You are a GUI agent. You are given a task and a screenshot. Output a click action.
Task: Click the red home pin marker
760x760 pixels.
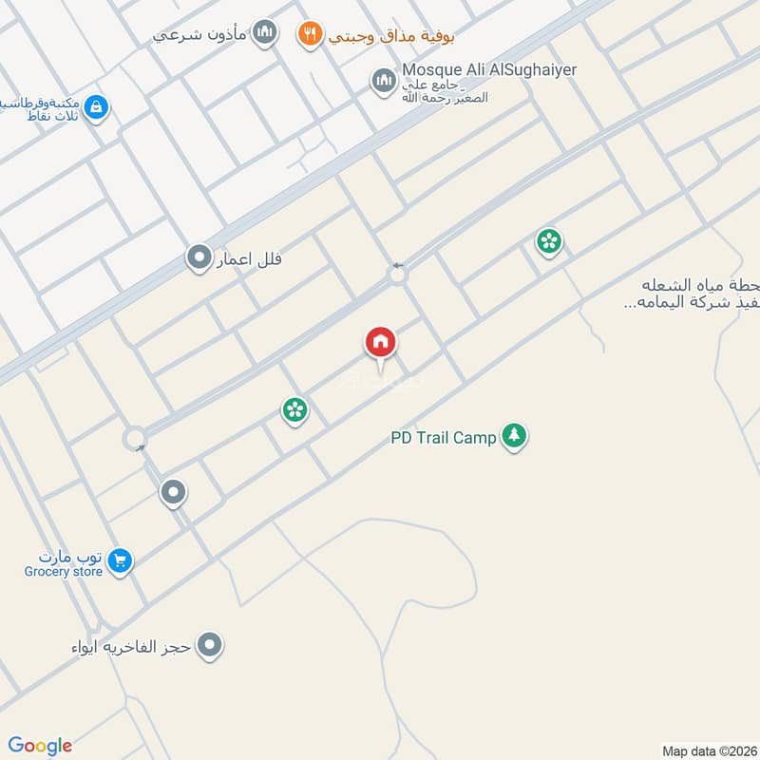(x=380, y=343)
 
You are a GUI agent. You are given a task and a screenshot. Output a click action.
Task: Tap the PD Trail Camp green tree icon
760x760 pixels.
(x=514, y=436)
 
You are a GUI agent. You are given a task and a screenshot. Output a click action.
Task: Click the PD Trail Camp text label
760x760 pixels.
(x=443, y=438)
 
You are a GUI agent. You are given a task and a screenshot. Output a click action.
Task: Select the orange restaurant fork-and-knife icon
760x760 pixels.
(x=309, y=35)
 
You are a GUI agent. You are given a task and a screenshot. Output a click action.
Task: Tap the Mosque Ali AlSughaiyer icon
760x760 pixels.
(x=383, y=82)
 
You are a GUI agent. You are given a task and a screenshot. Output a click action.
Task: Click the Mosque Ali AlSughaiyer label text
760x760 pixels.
(x=489, y=70)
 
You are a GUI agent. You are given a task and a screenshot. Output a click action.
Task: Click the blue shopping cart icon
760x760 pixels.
(x=119, y=560)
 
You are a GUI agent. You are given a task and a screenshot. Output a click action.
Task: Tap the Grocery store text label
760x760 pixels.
(x=64, y=572)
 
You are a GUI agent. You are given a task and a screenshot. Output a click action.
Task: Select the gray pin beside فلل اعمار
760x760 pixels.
(x=199, y=257)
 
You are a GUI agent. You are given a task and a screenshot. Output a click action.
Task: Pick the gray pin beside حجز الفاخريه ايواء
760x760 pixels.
(x=212, y=646)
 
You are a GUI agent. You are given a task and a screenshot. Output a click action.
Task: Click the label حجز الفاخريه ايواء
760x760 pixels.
(x=133, y=647)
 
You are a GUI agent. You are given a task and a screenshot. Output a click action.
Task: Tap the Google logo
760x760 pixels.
(x=40, y=746)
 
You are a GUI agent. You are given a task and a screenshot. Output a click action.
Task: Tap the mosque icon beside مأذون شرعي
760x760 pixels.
(x=266, y=34)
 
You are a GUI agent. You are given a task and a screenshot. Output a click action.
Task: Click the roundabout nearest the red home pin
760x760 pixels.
(x=397, y=275)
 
